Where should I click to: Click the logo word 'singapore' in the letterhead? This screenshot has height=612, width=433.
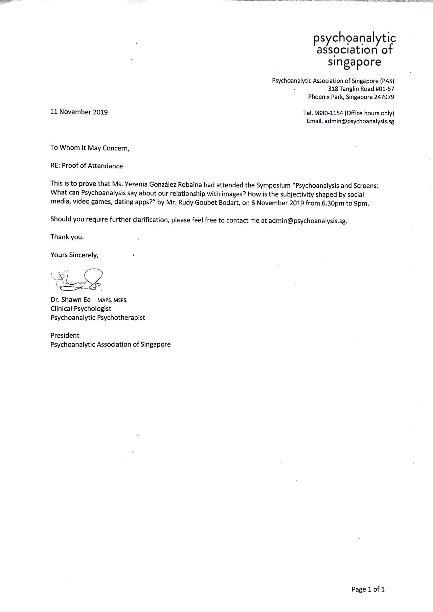tap(355, 62)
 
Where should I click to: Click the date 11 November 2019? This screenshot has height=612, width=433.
tap(79, 112)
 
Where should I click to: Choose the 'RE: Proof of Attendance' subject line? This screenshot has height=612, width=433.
tap(87, 166)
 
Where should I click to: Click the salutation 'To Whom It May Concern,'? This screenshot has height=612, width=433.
tap(90, 148)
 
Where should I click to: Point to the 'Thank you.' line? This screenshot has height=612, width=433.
tap(67, 237)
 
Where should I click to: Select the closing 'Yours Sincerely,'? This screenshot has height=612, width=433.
tap(74, 255)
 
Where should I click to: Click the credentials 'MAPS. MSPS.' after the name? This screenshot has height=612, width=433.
tap(112, 300)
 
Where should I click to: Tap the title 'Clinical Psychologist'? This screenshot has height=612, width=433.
tap(81, 309)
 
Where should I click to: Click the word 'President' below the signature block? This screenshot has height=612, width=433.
tap(65, 335)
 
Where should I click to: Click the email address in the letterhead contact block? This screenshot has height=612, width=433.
tap(359, 121)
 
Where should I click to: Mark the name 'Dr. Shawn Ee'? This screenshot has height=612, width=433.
tap(70, 300)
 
